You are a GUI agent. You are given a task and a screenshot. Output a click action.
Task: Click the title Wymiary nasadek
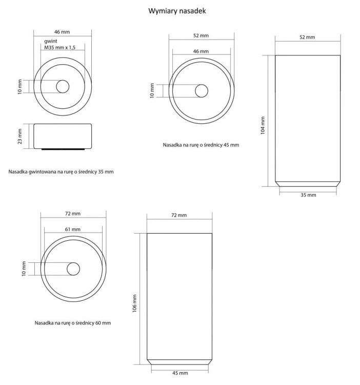point(177,10)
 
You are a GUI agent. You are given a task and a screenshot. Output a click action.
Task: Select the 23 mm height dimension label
point(20,136)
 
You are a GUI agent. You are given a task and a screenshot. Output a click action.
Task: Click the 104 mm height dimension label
point(263,125)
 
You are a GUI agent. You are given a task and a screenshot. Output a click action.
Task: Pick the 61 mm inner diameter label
point(73,229)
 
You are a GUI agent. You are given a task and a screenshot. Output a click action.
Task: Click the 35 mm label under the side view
point(308,195)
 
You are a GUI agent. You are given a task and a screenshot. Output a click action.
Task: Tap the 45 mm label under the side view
point(179,373)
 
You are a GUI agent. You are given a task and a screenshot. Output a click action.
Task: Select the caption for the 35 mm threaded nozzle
point(61,171)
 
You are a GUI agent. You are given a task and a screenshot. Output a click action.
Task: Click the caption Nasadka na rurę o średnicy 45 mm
point(201,145)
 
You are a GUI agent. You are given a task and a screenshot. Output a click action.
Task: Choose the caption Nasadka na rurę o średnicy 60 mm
point(73,323)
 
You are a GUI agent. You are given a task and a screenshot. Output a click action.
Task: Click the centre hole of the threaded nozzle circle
point(63,87)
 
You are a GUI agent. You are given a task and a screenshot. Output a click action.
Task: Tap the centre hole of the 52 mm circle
point(201,91)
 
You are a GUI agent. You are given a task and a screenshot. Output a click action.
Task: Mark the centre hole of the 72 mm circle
point(73,268)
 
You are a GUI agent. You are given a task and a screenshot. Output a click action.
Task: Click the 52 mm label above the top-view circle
point(201,35)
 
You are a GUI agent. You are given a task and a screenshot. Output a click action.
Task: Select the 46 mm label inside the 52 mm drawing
point(201,51)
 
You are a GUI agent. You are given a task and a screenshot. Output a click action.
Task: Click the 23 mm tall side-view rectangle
point(63,136)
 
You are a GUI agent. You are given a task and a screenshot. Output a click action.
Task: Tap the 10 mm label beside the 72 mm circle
point(24,268)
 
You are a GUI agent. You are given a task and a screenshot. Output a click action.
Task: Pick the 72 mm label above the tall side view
point(179,216)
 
